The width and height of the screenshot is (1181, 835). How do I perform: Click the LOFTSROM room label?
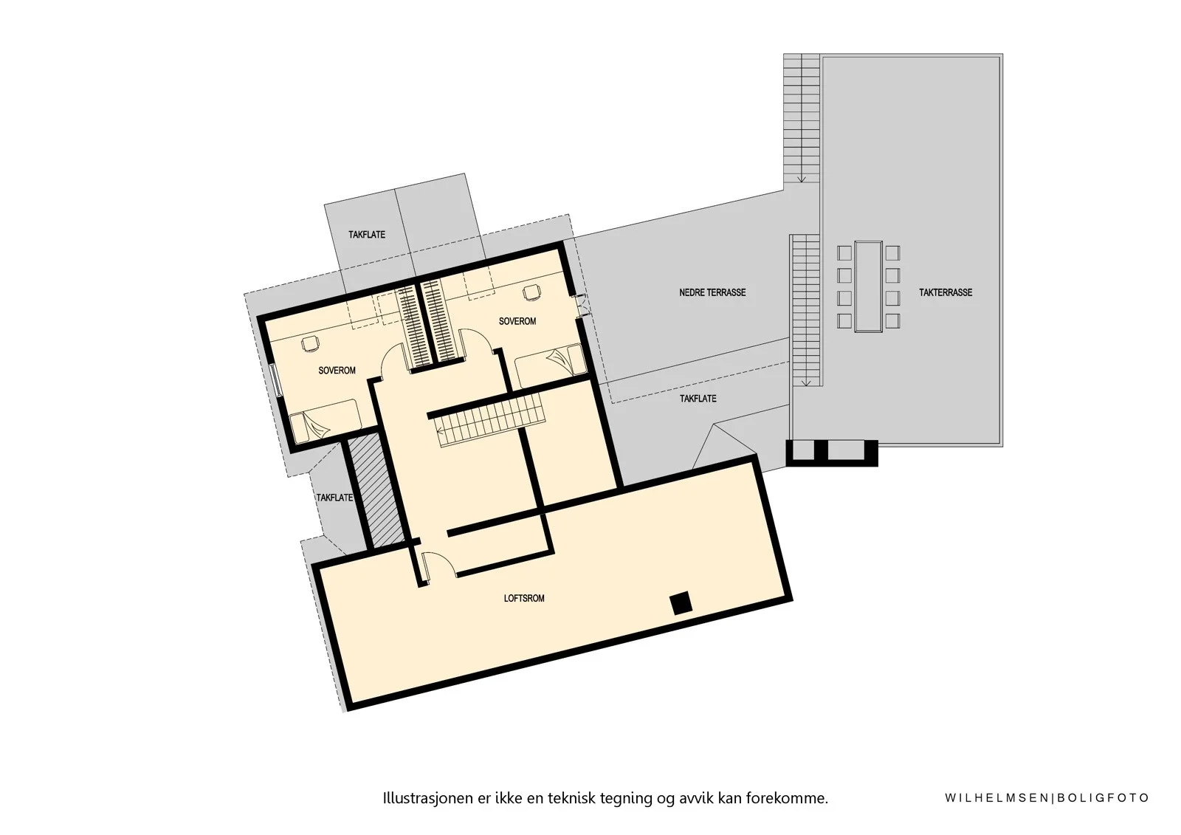click(x=524, y=598)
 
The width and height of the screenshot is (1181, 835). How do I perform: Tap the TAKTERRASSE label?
click(x=946, y=292)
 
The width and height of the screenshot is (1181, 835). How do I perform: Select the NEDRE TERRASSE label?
click(x=712, y=292)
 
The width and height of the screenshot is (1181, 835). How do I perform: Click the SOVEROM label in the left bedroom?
click(x=337, y=371)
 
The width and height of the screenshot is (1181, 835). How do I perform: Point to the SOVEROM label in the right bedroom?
click(x=517, y=321)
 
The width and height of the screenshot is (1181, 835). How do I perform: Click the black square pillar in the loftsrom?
click(x=681, y=603)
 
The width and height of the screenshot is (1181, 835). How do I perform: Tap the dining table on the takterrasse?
click(x=868, y=287)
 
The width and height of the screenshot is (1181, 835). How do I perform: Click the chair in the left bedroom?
click(x=310, y=343)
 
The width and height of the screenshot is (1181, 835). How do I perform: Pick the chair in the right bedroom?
click(x=531, y=292)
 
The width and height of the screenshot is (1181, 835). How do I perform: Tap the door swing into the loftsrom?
click(x=439, y=566)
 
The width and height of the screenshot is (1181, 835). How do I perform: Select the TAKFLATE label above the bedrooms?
click(x=367, y=235)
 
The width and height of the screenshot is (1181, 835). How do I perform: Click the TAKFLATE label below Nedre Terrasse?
click(x=698, y=399)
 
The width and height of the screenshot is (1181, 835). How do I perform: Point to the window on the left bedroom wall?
click(x=276, y=379)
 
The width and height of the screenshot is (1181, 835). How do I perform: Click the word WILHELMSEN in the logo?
click(x=997, y=798)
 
